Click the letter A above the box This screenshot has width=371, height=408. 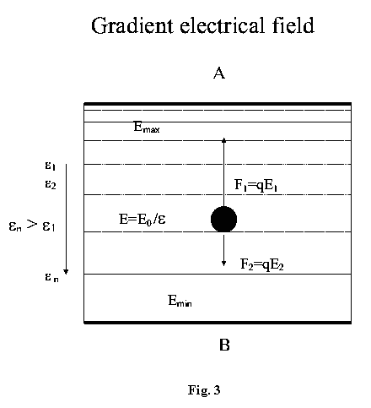pyautogui.click(x=219, y=73)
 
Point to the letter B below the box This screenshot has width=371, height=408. pyautogui.click(x=224, y=345)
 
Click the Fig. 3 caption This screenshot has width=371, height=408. pyautogui.click(x=204, y=390)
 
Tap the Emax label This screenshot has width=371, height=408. pyautogui.click(x=147, y=127)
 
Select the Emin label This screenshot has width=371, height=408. pyautogui.click(x=180, y=301)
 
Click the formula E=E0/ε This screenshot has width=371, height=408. pyautogui.click(x=142, y=219)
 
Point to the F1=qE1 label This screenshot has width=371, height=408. pyautogui.click(x=255, y=185)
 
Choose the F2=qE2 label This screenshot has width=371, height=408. pyautogui.click(x=262, y=264)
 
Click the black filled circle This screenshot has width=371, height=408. pyautogui.click(x=223, y=219)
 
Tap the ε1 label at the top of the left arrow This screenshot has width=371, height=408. pyautogui.click(x=51, y=166)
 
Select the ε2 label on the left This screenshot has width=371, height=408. pyautogui.click(x=51, y=184)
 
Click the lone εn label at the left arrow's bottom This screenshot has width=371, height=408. pyautogui.click(x=51, y=277)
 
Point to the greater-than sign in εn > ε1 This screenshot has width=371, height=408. pyautogui.click(x=32, y=225)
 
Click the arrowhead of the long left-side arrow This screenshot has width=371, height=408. pyautogui.click(x=66, y=272)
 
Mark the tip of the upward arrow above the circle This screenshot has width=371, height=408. pyautogui.click(x=223, y=138)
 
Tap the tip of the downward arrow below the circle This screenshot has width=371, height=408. pyautogui.click(x=223, y=266)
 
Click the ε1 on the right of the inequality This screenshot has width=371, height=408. pyautogui.click(x=49, y=226)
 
